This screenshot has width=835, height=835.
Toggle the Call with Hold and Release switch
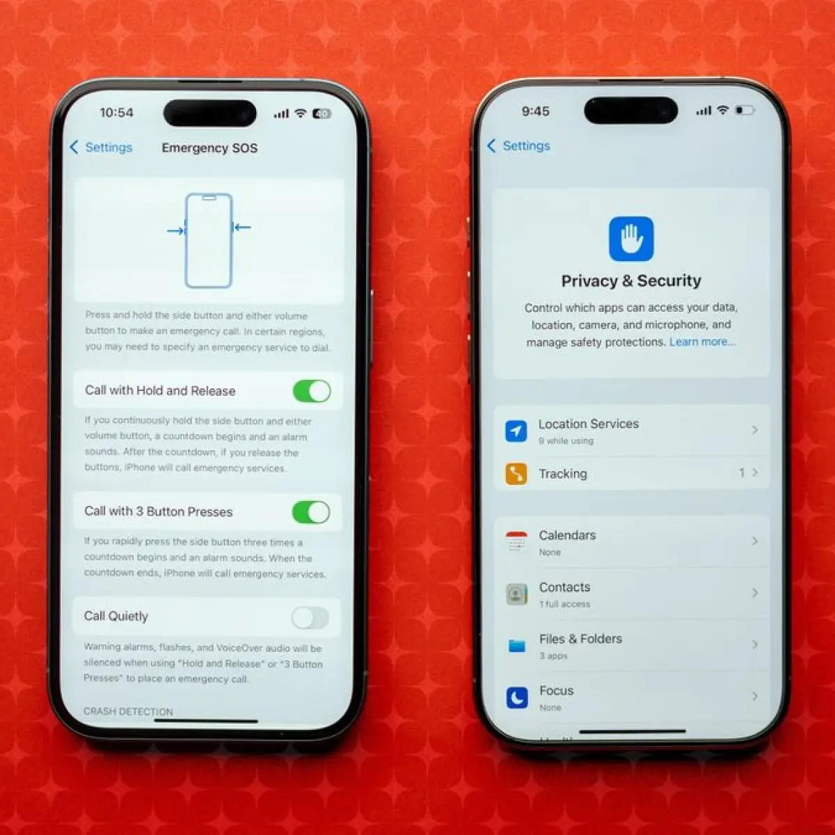(x=312, y=391)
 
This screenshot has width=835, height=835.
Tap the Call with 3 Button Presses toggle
(x=310, y=512)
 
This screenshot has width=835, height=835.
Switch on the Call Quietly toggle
(x=310, y=617)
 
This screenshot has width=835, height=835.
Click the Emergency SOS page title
(x=209, y=148)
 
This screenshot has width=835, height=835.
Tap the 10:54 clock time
(x=117, y=113)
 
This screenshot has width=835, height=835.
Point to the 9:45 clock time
(x=536, y=111)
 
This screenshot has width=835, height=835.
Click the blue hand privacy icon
(x=631, y=239)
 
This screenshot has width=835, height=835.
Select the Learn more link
(x=702, y=342)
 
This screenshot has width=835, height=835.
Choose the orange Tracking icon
(x=516, y=474)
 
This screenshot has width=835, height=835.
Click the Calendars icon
(x=516, y=541)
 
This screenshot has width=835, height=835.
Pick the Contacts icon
(x=516, y=594)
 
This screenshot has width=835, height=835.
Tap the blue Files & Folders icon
(x=516, y=646)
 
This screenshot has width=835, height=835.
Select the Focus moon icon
(x=517, y=698)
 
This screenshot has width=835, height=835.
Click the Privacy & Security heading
(x=631, y=281)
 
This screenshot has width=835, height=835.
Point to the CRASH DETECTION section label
(x=128, y=712)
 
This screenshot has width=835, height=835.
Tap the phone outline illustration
(x=209, y=241)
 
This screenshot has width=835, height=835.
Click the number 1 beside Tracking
(x=742, y=472)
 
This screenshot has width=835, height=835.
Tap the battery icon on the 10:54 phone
(x=321, y=113)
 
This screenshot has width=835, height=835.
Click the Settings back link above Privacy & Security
(x=518, y=146)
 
